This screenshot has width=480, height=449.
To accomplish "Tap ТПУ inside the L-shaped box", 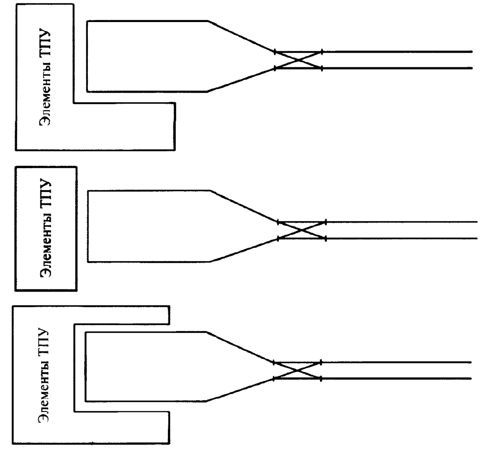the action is [45, 43].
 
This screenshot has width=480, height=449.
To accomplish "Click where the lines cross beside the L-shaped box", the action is [299, 60].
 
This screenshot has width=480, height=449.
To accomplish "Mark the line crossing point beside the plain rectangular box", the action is [301, 230].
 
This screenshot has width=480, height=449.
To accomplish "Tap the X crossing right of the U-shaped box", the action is [297, 370].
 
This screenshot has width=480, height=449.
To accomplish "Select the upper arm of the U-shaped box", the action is [121, 315].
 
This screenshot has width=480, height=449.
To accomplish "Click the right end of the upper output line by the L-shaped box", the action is [471, 52].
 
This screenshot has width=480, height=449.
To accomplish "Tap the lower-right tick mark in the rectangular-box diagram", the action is [326, 239].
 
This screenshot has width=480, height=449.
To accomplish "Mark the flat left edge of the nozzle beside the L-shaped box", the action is [87, 56].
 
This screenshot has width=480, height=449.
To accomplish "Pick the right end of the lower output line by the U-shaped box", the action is [471, 378].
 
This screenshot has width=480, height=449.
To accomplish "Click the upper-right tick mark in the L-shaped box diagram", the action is [322, 52].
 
